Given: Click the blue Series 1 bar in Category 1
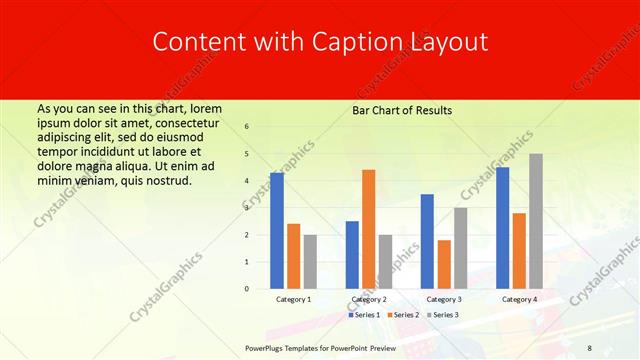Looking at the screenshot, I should click(277, 231).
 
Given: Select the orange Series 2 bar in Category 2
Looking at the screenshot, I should click(368, 229).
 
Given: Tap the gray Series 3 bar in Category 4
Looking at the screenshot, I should click(536, 221).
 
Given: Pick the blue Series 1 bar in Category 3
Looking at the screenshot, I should click(427, 241).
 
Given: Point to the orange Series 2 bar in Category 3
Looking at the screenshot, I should click(444, 264).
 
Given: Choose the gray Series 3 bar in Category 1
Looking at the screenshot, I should click(310, 262).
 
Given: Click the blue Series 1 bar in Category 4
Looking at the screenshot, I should click(502, 228).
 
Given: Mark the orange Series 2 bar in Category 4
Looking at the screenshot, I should click(519, 251).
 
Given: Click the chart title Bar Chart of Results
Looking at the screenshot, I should click(402, 110).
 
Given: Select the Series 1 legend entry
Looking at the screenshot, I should click(364, 315).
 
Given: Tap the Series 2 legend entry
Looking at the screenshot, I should click(403, 315).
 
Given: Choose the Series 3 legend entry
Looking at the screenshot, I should click(442, 315).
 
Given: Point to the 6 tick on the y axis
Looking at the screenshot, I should click(247, 127).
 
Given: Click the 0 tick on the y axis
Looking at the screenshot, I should click(247, 289).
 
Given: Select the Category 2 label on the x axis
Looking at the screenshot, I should click(369, 299).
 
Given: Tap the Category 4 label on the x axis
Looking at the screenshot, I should click(519, 299).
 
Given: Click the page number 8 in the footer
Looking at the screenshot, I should click(589, 347).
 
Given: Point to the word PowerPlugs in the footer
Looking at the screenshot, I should click(265, 347).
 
